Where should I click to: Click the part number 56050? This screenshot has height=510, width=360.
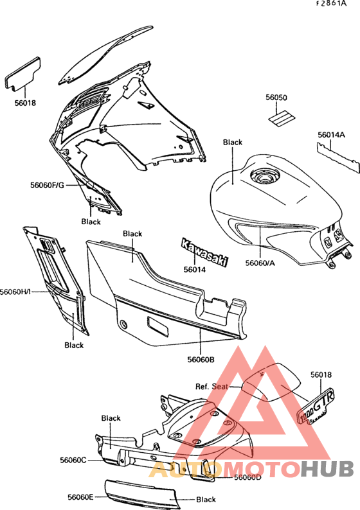276,98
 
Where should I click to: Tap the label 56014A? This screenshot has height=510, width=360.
331,135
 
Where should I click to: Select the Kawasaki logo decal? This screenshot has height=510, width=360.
204,252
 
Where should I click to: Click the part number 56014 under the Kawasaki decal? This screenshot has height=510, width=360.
195,269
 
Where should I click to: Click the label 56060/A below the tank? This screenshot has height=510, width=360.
260,263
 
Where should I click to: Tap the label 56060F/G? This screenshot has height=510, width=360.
48,185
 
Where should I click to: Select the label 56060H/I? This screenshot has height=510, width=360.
15,292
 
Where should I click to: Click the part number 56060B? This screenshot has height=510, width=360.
201,360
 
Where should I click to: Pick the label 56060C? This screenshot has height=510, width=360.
73,460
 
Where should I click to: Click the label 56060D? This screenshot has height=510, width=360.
248,477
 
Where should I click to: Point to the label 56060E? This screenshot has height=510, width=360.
80,497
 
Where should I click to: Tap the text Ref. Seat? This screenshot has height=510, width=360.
212,387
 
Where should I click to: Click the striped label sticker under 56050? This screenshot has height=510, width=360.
281,118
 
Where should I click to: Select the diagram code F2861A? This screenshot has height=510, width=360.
331,4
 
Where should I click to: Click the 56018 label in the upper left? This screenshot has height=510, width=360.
25,103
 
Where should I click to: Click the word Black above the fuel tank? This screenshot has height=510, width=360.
233,142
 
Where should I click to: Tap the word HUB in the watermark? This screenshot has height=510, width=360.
327,469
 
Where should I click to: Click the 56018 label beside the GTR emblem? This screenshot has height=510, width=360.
321,374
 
